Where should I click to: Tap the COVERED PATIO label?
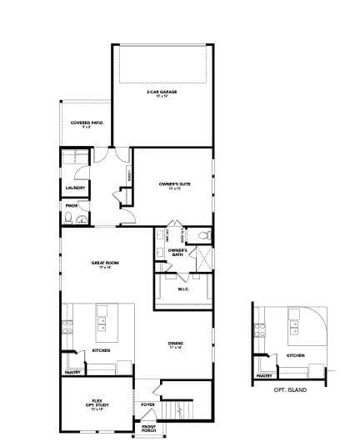(86, 124)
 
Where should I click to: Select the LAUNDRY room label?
(75, 188)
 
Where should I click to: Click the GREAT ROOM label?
(106, 264)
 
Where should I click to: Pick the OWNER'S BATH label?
(176, 251)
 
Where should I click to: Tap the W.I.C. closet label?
(183, 289)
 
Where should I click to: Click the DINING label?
(176, 344)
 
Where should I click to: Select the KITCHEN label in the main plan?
(101, 350)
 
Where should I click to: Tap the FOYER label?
(147, 405)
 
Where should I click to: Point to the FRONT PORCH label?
(148, 429)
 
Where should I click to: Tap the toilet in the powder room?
(80, 218)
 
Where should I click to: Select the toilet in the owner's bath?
(202, 236)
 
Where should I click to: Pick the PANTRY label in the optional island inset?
(264, 375)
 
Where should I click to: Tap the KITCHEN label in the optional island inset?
(296, 356)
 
